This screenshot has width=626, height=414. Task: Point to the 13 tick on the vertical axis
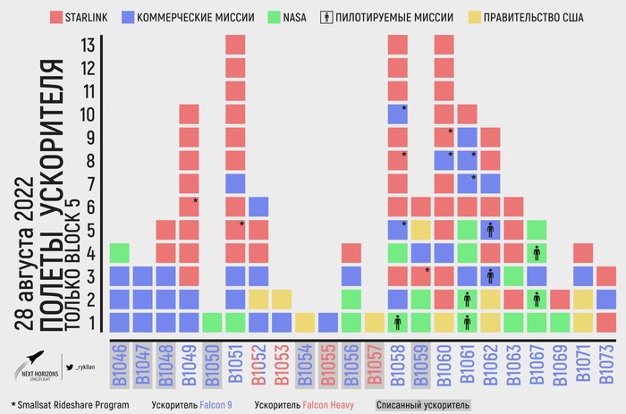(x=88, y=44)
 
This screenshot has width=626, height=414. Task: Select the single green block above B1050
(x=213, y=322)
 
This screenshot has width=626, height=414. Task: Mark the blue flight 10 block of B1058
(x=398, y=114)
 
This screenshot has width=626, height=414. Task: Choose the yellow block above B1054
(x=305, y=322)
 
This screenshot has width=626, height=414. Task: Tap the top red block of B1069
(x=560, y=299)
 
